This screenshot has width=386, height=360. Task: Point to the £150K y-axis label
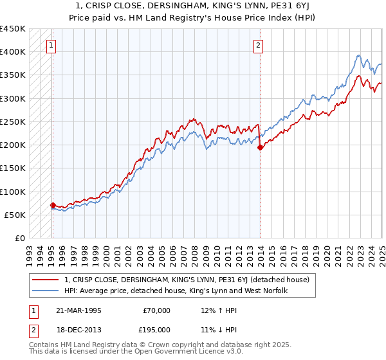pyautogui.click(x=13, y=168)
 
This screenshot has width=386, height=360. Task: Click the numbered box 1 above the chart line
pyautogui.click(x=51, y=45)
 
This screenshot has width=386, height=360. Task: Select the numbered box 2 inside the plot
pyautogui.click(x=257, y=45)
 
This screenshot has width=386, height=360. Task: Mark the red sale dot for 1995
pyautogui.click(x=53, y=206)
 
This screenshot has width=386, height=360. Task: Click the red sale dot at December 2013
pyautogui.click(x=260, y=147)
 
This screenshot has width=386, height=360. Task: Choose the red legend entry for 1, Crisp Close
pyautogui.click(x=187, y=280)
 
